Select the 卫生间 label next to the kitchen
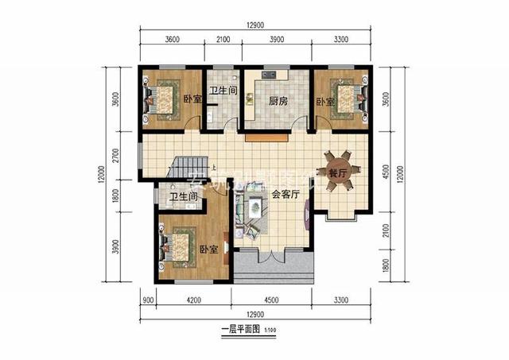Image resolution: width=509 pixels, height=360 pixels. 223,91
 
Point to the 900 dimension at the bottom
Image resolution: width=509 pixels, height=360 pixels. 147,301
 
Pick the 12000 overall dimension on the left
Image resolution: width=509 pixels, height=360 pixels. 101,172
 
